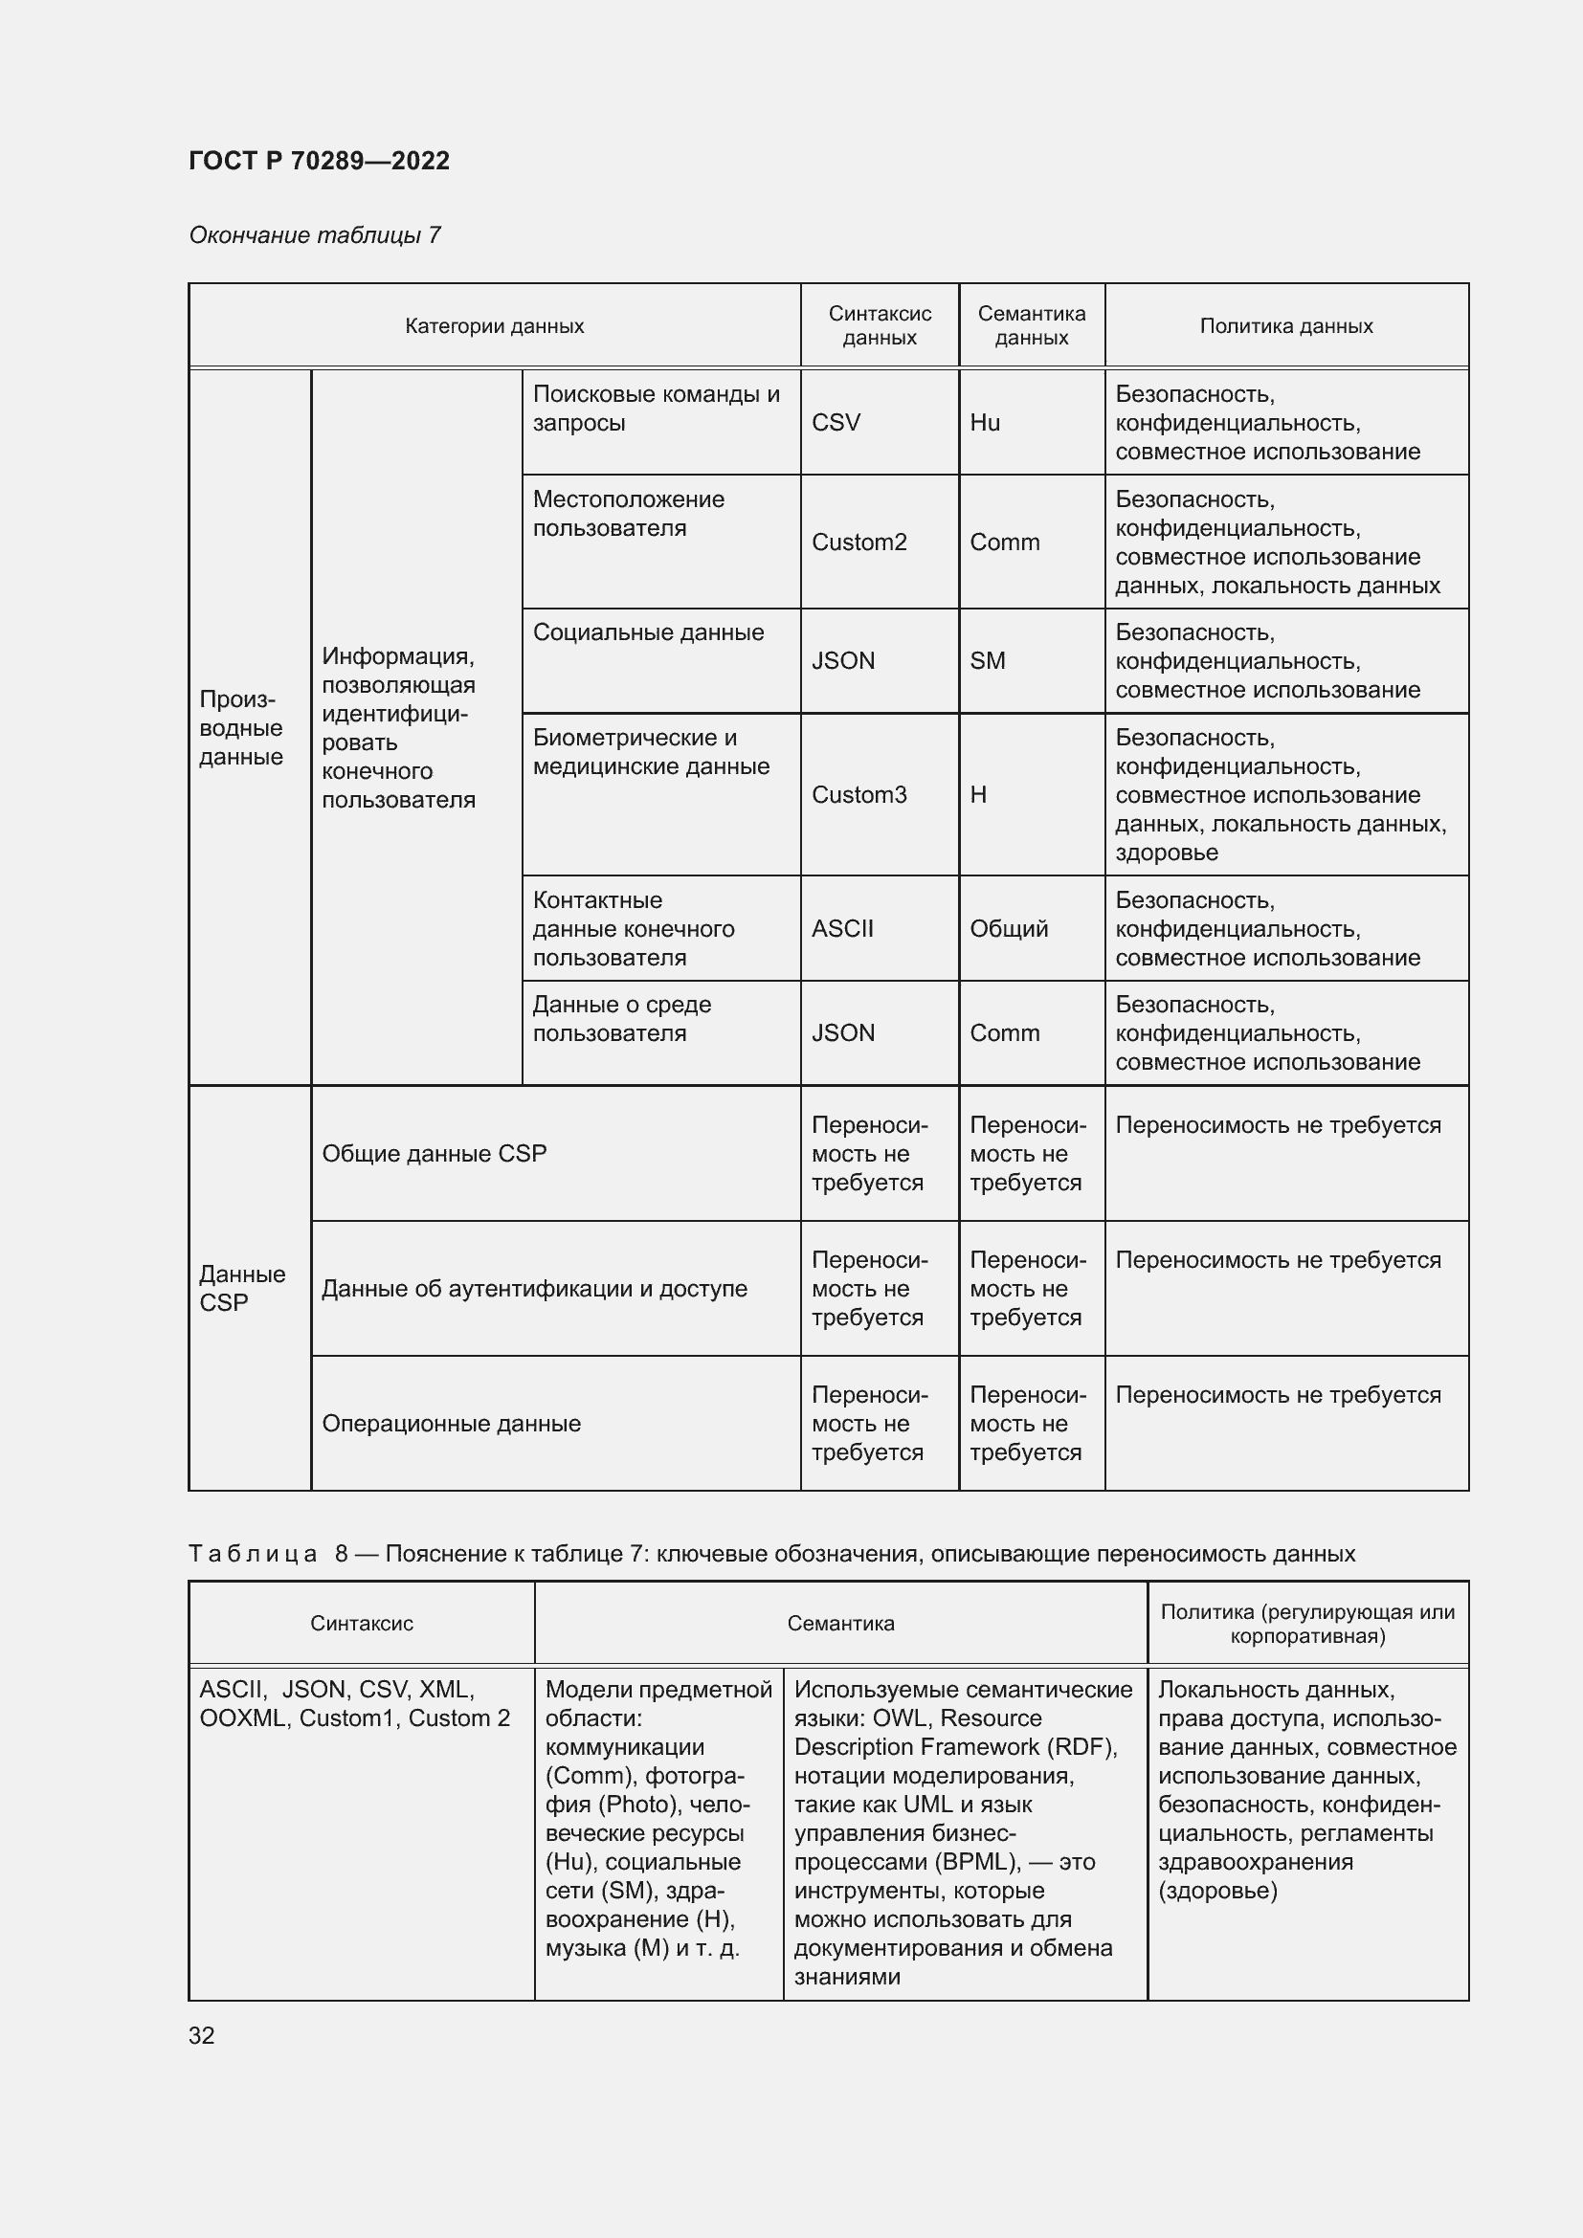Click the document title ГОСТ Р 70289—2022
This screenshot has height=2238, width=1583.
319,161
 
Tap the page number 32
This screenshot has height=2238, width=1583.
202,2035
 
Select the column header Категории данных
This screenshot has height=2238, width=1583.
494,326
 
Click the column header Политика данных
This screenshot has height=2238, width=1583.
1285,326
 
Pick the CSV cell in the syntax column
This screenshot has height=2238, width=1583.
836,423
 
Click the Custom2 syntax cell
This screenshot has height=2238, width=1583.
858,543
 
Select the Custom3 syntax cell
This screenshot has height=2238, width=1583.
858,795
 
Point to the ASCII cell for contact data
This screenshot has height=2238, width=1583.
842,929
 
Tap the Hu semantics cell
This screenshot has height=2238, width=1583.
985,423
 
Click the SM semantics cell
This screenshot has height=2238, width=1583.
988,661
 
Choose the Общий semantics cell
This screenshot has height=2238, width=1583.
1009,929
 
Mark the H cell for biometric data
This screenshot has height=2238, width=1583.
978,795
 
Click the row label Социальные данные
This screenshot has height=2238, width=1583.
648,632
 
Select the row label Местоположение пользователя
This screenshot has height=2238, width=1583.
629,514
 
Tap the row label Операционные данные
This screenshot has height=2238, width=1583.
452,1424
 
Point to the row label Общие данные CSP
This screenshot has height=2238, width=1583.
434,1154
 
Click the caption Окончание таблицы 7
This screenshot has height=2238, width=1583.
315,236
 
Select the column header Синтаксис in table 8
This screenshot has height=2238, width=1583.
362,1624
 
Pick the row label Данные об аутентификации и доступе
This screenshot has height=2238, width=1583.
534,1289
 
